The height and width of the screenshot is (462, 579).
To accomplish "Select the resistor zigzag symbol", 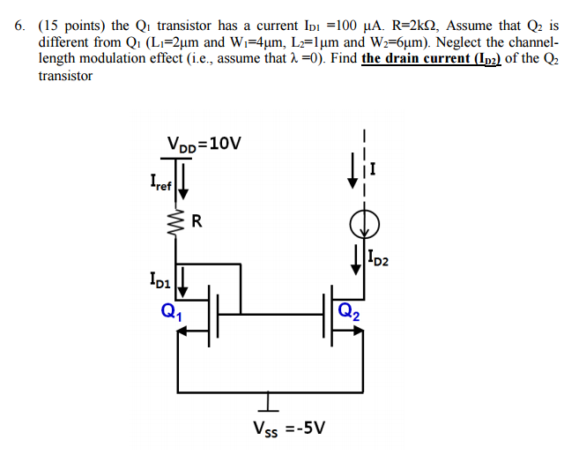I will coord(178,223).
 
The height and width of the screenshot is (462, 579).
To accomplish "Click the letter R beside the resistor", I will coord(197,221).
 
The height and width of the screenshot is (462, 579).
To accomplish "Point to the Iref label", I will coord(161,184).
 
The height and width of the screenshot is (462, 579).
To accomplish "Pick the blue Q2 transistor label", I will coord(347,310).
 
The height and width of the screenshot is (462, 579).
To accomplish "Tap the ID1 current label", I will coord(161,281).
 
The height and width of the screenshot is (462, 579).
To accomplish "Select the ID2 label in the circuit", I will coord(380,259).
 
